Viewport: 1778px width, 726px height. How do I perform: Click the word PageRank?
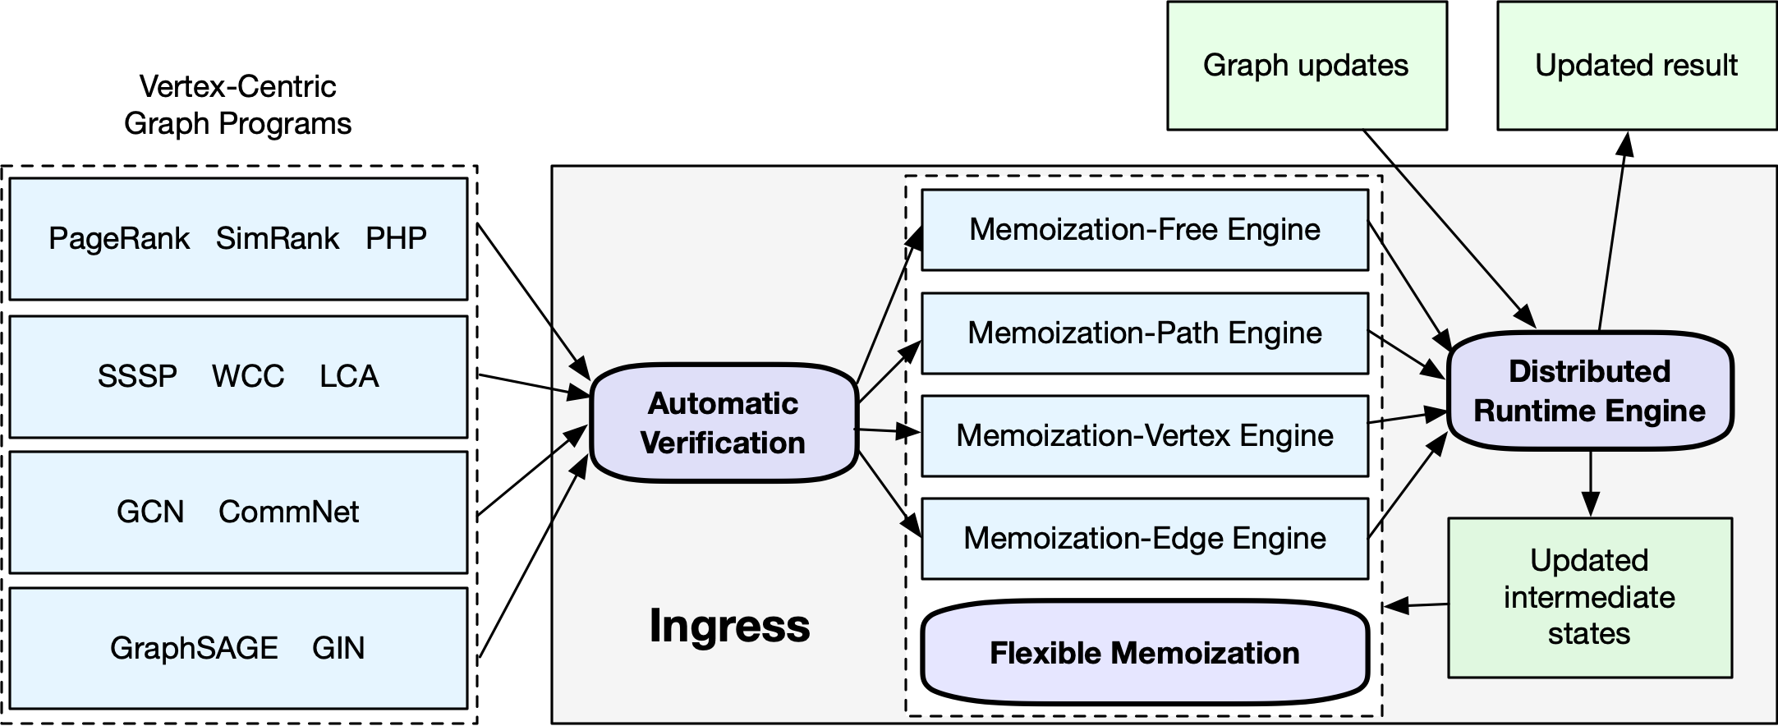119,238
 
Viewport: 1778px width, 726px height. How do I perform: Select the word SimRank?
278,238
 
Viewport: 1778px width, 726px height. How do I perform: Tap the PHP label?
396,238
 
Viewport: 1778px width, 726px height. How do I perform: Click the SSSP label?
137,376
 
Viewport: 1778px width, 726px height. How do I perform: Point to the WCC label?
248,376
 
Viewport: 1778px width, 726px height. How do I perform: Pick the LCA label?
349,376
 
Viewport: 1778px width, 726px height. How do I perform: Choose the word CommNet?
288,512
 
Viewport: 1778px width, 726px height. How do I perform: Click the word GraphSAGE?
194,648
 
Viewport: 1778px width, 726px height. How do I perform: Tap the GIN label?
338,648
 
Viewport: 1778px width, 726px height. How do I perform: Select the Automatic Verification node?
724,423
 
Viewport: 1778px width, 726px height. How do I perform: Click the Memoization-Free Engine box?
1145,230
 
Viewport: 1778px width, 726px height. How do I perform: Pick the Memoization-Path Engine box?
1145,333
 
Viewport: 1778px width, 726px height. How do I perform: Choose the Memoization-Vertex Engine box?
1145,435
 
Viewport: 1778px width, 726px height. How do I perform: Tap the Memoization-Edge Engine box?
1145,538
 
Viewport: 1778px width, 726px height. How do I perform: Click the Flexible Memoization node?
1145,653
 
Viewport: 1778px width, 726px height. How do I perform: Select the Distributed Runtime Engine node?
1590,391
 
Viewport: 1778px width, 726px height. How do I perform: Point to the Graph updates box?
1306,66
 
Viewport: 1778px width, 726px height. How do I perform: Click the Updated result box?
1636,66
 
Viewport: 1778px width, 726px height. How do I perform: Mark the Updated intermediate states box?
1589,597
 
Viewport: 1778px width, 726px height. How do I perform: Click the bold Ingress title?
729,626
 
